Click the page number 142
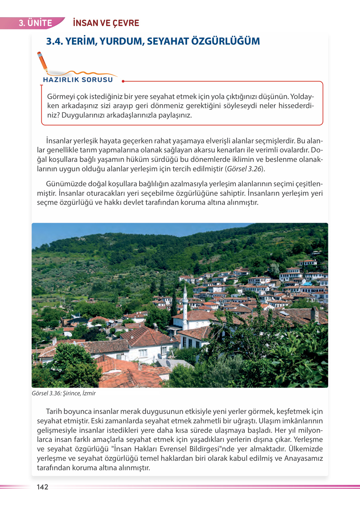42,487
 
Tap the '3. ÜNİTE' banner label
35,23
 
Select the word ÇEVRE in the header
126,23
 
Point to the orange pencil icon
42,62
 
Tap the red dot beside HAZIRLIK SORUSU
123,81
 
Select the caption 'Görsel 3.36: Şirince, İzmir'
64,393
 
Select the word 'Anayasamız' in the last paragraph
303,458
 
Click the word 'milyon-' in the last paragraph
310,430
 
